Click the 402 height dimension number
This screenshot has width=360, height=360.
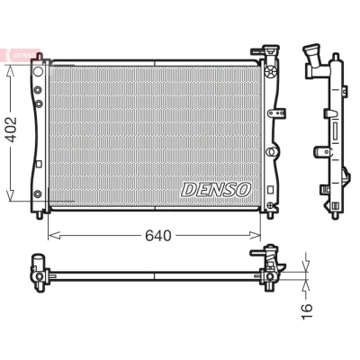point(12,130)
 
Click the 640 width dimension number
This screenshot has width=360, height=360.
point(158,236)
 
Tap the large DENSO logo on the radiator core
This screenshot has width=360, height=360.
point(216,190)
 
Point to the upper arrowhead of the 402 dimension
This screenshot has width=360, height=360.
point(11,71)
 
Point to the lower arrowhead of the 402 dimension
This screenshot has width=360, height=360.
point(11,195)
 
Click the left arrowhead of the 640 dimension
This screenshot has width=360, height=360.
point(55,236)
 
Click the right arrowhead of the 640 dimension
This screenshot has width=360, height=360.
point(255,236)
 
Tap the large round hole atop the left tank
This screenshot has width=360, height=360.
point(38,71)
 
